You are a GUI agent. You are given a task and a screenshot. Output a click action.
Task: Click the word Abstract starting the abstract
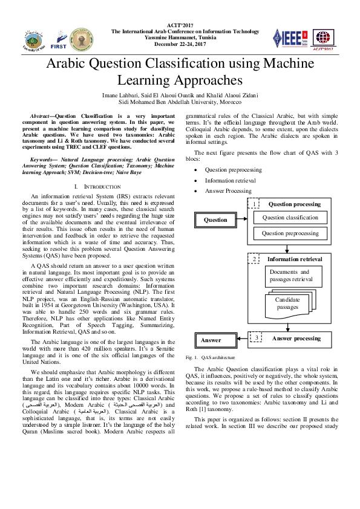click(41, 115)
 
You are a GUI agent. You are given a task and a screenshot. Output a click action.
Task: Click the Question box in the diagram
click(215, 220)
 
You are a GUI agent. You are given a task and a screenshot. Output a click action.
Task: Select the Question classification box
click(290, 218)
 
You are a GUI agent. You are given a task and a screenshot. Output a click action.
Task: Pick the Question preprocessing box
click(290, 233)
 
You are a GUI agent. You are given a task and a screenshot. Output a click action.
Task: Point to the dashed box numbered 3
click(256, 338)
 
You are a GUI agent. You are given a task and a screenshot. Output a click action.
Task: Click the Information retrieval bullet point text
click(230, 180)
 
